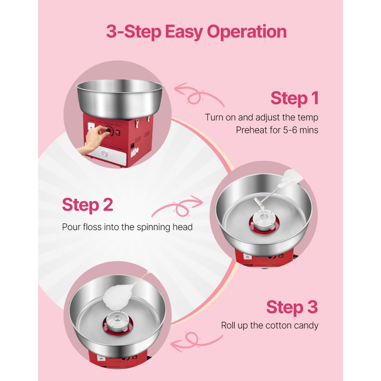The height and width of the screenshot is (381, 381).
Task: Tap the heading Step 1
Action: (294, 98)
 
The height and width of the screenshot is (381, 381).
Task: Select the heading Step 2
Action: (87, 205)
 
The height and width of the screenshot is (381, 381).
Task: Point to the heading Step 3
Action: (291, 307)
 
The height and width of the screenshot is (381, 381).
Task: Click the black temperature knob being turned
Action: (109, 131)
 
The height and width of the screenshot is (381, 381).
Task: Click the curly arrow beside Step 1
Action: (199, 95)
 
